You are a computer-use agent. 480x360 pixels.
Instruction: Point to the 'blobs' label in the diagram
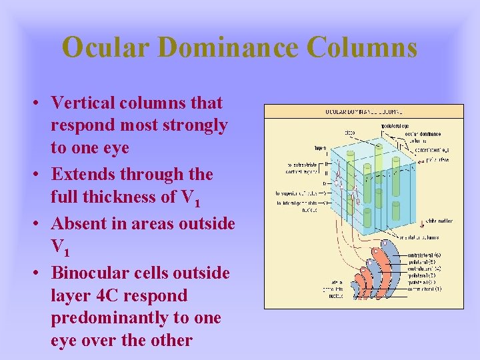tap(349, 132)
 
